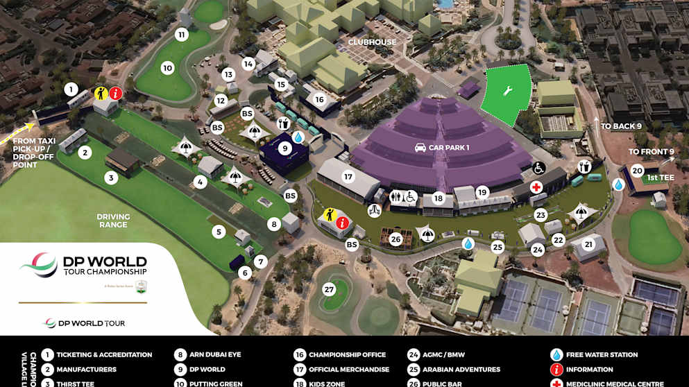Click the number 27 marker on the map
point(329,289)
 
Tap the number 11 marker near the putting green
point(182,35)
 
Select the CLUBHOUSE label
point(373,42)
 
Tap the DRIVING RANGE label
point(113,221)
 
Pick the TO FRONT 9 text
point(652,152)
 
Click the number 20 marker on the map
point(637,171)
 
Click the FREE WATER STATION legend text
point(602,355)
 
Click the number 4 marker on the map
point(201,182)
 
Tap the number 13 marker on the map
point(228,74)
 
